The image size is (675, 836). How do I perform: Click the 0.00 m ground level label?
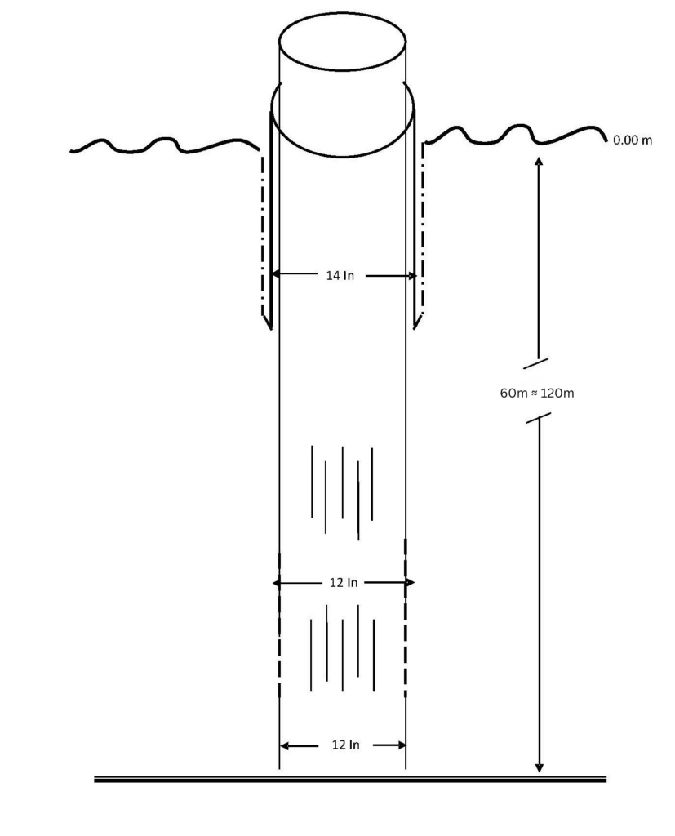633,140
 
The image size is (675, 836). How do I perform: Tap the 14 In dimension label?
340,276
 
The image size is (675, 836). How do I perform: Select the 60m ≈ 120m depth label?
537,394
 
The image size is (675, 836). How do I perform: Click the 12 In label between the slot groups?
344,583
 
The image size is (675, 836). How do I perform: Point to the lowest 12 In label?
345,745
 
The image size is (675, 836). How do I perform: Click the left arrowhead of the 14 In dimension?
276,275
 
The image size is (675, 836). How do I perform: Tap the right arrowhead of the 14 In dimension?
411,276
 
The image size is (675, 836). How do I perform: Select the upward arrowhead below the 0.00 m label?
539,162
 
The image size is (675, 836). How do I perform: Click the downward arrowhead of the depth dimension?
539,767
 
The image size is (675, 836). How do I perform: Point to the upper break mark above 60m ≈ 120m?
536,363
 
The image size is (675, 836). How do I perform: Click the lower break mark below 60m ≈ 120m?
539,418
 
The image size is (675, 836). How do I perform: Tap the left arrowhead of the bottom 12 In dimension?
284,745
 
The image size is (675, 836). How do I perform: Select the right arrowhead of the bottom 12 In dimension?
402,745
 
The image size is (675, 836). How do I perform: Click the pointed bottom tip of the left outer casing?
271,330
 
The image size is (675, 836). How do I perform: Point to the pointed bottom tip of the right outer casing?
415,329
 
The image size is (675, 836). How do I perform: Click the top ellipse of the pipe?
342,12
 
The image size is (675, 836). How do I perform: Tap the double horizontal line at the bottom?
350,780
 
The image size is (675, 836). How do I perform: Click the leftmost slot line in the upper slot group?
312,482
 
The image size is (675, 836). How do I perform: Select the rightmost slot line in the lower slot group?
374,656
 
